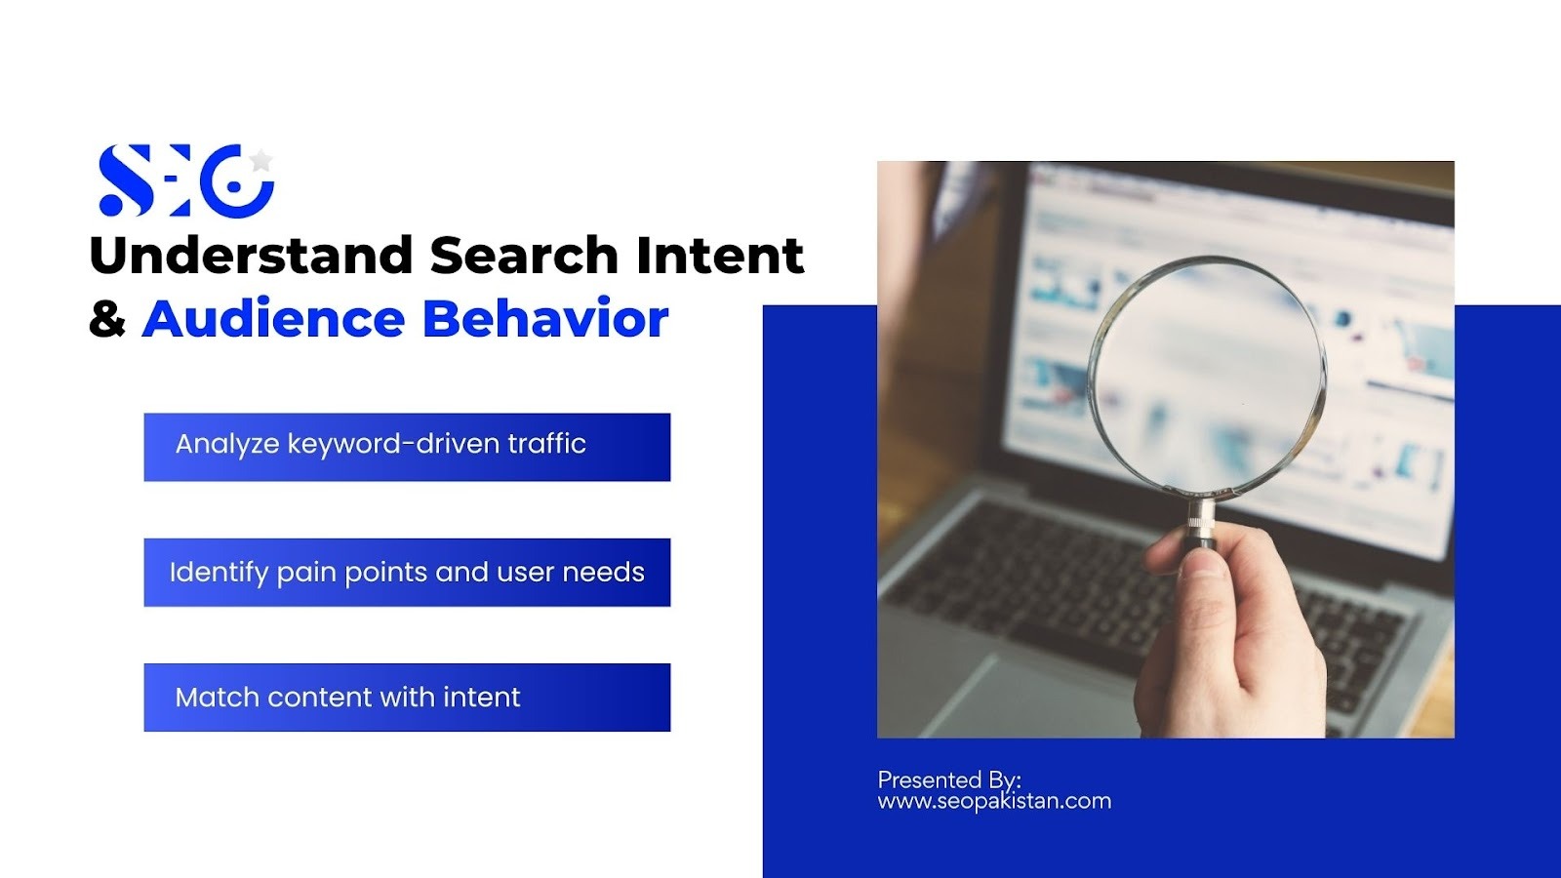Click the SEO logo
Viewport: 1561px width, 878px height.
[186, 180]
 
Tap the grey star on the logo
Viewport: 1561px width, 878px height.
[260, 160]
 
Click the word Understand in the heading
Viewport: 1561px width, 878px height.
[252, 255]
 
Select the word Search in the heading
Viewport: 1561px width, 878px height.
[524, 255]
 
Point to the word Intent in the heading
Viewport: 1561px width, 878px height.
[720, 255]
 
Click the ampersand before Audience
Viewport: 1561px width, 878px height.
[107, 318]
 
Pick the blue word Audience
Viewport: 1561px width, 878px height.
[273, 318]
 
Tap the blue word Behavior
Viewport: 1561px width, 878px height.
[545, 318]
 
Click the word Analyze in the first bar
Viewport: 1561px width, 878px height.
[227, 445]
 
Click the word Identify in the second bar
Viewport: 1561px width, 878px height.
[219, 573]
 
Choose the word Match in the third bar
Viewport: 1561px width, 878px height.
[217, 697]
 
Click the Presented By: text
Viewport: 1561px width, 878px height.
[949, 779]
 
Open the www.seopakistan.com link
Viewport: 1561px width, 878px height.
[994, 801]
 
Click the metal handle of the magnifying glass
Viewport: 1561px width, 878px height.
[1201, 523]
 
